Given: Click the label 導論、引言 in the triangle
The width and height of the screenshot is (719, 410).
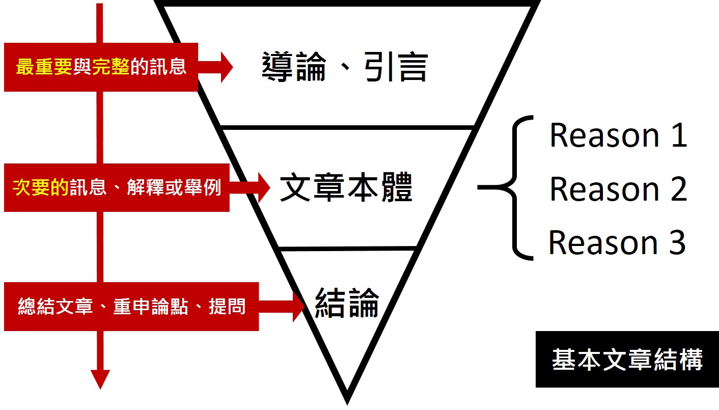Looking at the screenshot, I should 345,67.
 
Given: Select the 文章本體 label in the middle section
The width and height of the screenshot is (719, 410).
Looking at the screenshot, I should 346,188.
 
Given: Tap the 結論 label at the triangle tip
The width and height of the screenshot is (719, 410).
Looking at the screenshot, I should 347,303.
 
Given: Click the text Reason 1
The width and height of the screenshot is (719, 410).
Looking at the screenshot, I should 618,135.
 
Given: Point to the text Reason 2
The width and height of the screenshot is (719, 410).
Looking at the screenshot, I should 618,189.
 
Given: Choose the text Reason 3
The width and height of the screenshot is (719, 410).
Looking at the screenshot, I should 617,242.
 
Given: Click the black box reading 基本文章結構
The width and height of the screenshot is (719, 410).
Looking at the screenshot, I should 627,359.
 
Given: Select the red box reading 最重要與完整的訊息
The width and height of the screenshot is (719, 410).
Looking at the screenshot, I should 101,67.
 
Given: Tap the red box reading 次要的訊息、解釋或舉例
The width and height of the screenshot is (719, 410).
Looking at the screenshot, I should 117,187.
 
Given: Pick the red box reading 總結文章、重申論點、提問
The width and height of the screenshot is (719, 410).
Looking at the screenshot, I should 131,307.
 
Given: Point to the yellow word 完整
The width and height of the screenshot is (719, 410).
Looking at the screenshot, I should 110,67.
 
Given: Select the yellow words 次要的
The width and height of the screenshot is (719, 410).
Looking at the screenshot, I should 40,187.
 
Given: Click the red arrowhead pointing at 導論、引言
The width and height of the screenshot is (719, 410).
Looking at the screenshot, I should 225,67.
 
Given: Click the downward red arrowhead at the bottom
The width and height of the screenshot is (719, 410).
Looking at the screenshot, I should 100,378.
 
